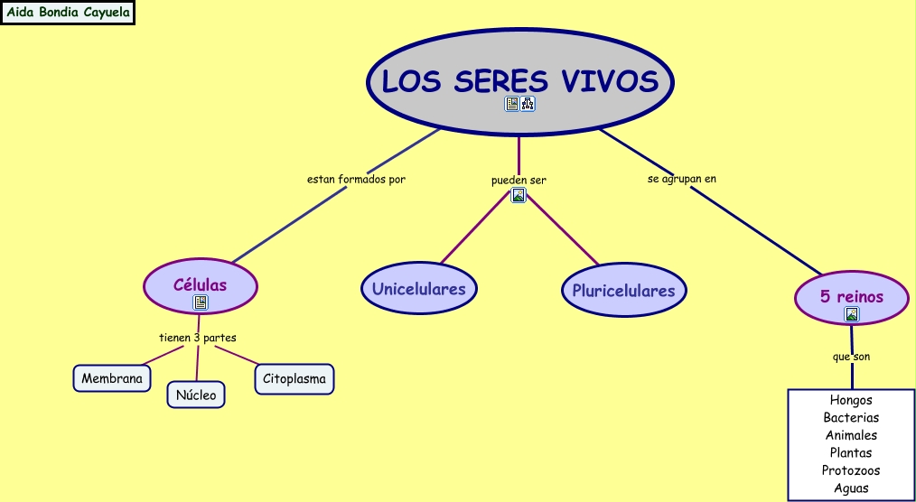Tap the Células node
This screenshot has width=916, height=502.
tap(201, 284)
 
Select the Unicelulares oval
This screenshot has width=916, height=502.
tap(419, 289)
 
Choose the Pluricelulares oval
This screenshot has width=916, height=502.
tap(623, 291)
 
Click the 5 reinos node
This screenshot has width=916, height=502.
tap(851, 296)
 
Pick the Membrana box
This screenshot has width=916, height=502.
tap(112, 378)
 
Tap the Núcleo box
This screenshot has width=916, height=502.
tap(196, 395)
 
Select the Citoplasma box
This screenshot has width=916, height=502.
tap(294, 379)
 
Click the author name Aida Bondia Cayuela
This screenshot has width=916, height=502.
tap(69, 13)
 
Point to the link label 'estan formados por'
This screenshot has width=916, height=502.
tap(356, 179)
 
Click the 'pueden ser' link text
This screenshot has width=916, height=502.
tap(519, 180)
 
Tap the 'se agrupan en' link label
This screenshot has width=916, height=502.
tap(682, 179)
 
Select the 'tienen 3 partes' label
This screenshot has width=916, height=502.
tap(198, 338)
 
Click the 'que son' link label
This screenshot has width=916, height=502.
tap(851, 357)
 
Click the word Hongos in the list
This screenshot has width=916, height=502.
tap(851, 400)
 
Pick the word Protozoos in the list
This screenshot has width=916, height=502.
tap(851, 470)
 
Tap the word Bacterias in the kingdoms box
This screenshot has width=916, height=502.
tap(851, 417)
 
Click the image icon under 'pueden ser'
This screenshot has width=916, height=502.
tap(519, 195)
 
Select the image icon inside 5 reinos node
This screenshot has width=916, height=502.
tap(851, 314)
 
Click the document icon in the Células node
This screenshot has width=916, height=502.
tap(201, 302)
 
